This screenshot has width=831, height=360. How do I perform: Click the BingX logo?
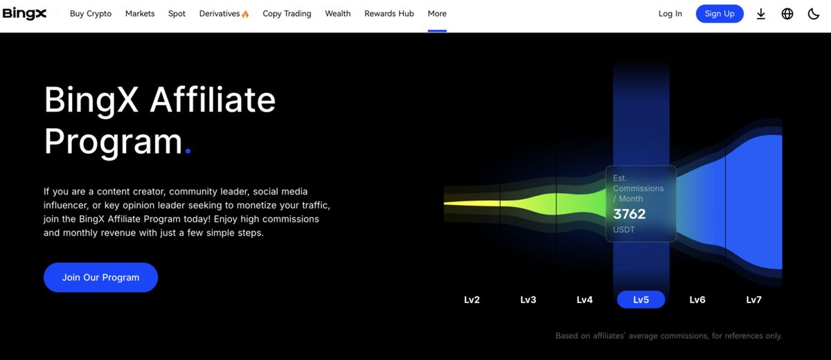(x=24, y=14)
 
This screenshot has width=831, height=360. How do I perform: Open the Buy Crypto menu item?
(x=91, y=14)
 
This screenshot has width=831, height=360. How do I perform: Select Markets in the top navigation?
(x=140, y=14)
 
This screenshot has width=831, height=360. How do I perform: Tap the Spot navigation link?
(x=177, y=14)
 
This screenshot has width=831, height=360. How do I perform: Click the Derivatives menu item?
(x=220, y=14)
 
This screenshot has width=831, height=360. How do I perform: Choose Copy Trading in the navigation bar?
(x=287, y=14)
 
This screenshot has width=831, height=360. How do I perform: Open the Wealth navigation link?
(x=338, y=14)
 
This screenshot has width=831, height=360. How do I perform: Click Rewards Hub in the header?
(x=388, y=14)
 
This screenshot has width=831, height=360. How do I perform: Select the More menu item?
(x=437, y=14)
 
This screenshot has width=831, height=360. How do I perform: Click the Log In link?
(x=670, y=14)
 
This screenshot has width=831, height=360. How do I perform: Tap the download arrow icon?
(x=761, y=14)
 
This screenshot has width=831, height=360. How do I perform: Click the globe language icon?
(x=787, y=14)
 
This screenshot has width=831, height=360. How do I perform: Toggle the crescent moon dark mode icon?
(x=814, y=14)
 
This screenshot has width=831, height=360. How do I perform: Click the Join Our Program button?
(x=100, y=278)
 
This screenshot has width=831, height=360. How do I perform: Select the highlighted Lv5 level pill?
(x=641, y=300)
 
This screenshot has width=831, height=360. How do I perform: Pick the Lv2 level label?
(x=472, y=300)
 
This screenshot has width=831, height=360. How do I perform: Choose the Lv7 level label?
(x=754, y=300)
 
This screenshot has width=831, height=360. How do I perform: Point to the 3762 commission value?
(x=629, y=214)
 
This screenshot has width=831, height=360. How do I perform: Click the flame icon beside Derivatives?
(x=245, y=15)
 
